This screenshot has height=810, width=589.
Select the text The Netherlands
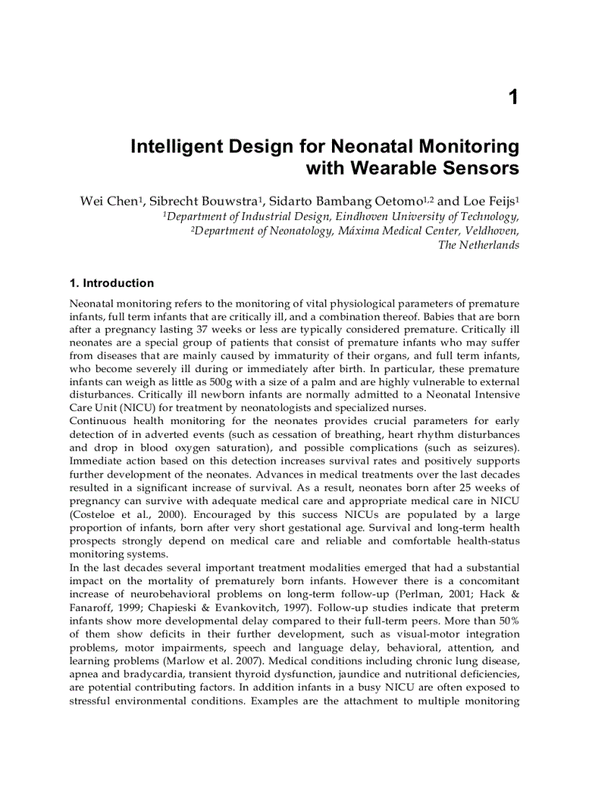click(x=479, y=245)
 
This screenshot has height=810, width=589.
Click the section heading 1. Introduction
click(x=112, y=283)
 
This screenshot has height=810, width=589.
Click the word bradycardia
click(x=137, y=673)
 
